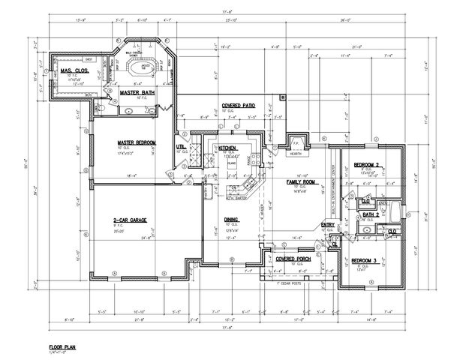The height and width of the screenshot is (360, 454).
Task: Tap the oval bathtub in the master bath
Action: pos(141,70)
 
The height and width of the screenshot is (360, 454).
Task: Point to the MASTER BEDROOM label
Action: pos(136,142)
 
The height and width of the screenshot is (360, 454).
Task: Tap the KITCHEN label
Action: pos(227,148)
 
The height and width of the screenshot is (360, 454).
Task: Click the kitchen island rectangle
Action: pos(232,160)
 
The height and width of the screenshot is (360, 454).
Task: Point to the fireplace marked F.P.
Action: pos(296,142)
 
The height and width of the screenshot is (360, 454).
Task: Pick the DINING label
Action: pos(232,220)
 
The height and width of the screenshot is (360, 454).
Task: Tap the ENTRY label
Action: pos(329,223)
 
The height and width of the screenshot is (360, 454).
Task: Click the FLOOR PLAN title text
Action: pos(64,348)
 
